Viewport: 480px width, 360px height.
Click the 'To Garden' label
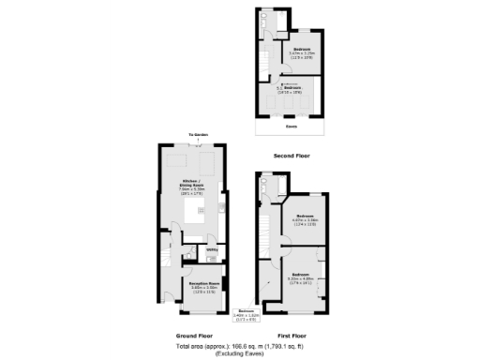coord(197,135)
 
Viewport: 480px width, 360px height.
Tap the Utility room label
coord(212,249)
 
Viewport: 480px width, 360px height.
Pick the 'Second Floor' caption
coord(291,156)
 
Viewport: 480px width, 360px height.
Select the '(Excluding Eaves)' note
coord(240,352)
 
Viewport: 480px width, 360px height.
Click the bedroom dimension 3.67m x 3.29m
coord(303,52)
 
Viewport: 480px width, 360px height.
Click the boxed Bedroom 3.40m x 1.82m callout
coord(246,315)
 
